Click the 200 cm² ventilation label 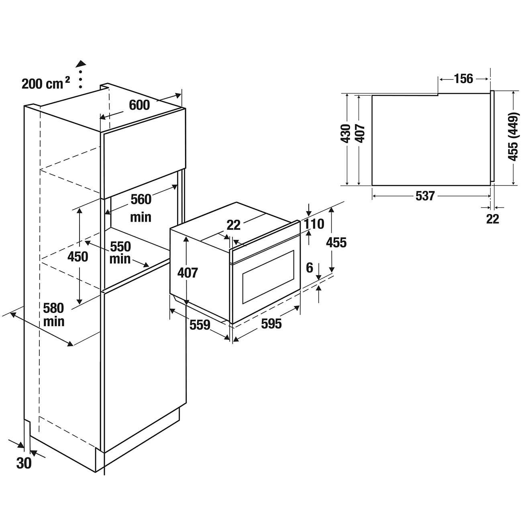(46, 83)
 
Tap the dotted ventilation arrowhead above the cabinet (81, 64)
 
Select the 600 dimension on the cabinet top (139, 105)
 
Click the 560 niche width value (141, 200)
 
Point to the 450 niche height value (78, 257)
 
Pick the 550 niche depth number (120, 246)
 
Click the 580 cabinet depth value (54, 308)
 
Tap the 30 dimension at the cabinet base (24, 463)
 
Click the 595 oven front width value (271, 324)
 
